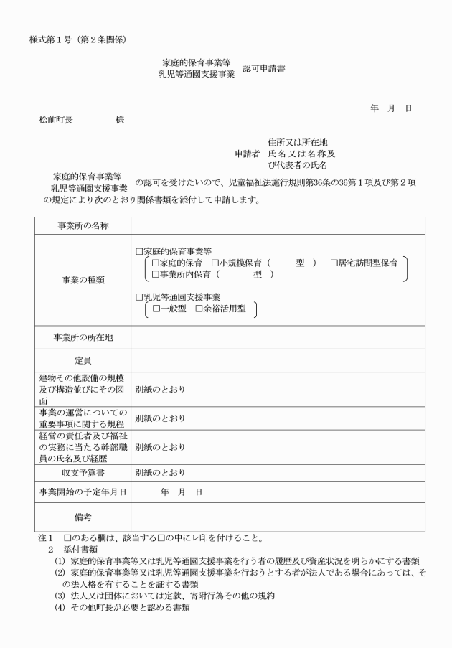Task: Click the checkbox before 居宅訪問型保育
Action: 334,263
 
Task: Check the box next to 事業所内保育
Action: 155,275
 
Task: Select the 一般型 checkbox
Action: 155,309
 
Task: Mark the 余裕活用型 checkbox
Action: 199,309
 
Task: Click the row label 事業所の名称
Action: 83,226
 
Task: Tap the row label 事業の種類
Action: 83,280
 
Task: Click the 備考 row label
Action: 83,517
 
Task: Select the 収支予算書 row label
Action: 83,472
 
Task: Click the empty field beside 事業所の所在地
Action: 277,337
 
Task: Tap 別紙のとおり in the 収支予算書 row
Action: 160,472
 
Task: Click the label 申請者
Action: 248,153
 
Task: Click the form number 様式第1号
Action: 54,37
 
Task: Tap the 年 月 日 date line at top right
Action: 390,108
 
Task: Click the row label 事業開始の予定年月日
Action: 83,492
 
